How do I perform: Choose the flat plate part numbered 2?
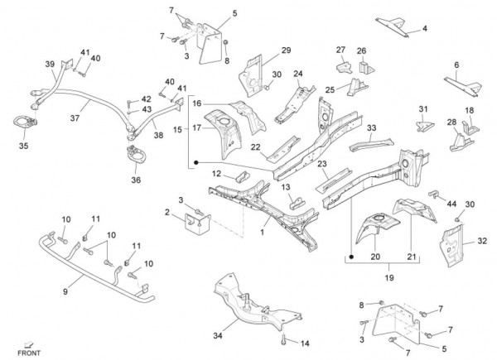click(x=195, y=223)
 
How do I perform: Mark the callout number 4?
click(x=424, y=28)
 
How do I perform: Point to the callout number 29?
click(x=286, y=50)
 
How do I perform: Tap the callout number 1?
click(x=263, y=233)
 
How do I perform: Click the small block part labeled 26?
click(x=361, y=63)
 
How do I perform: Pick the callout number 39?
click(x=49, y=64)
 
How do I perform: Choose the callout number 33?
click(x=372, y=127)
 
